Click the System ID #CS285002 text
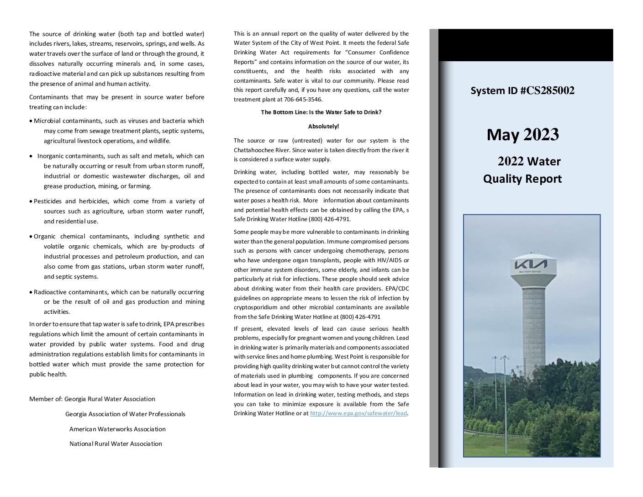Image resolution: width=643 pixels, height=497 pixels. (x=522, y=90)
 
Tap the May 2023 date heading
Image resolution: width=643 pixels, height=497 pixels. (x=522, y=135)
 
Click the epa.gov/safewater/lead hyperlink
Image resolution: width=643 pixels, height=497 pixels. (x=358, y=413)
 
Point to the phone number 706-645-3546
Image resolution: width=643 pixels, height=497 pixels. (x=306, y=99)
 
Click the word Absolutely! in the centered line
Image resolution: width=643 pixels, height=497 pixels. (x=323, y=126)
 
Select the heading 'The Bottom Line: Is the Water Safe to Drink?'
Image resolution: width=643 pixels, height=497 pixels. (x=321, y=112)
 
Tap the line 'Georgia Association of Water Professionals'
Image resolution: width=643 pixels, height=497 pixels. (x=125, y=414)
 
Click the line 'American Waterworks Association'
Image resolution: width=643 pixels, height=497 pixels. (x=117, y=429)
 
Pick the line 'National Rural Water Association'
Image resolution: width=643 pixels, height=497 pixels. (x=116, y=444)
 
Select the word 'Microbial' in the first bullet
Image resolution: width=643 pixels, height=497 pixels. (x=47, y=121)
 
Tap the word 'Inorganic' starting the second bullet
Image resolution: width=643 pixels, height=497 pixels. (x=52, y=156)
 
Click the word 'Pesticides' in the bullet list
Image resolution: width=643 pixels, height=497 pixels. (x=48, y=201)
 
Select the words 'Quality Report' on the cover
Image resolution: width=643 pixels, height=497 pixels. (x=522, y=179)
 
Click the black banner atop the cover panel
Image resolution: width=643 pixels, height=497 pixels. (x=525, y=45)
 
